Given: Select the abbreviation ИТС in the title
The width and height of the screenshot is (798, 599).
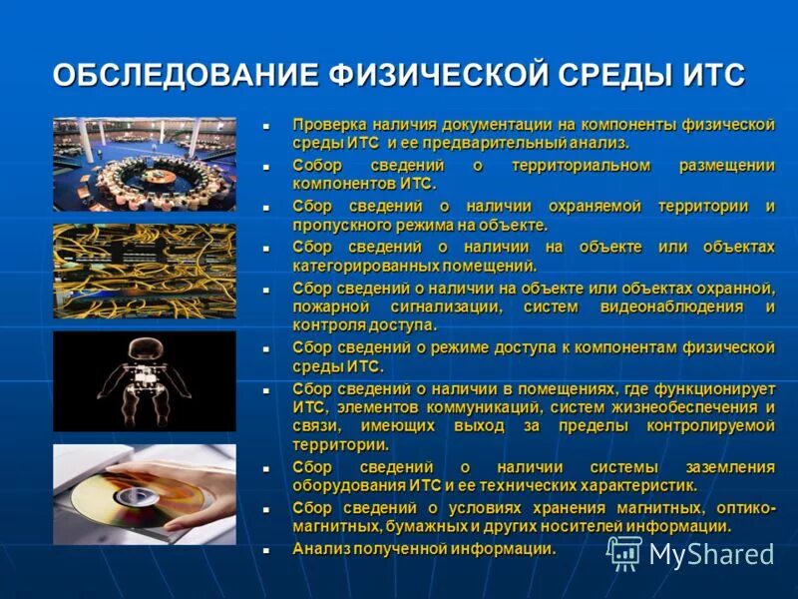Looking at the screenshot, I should (x=709, y=76).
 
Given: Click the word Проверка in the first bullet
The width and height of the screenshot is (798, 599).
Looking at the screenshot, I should (x=327, y=125).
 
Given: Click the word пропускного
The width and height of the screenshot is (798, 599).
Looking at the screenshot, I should (x=336, y=226).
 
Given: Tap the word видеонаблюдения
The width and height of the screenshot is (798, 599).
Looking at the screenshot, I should (x=668, y=306).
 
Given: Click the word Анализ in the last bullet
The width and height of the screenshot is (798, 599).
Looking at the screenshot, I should (x=319, y=549).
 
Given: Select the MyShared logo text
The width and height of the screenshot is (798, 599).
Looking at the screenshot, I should (x=710, y=554).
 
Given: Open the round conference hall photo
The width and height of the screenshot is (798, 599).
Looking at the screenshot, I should (x=144, y=164).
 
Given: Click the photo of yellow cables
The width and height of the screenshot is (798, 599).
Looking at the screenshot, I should (x=144, y=271).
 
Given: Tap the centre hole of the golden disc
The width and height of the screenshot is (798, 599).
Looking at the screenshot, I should (x=131, y=495).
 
